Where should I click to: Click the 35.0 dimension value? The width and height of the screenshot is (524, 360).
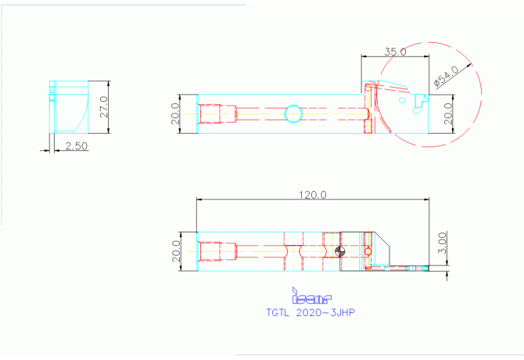pyautogui.click(x=395, y=52)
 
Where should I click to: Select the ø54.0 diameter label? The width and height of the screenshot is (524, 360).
pyautogui.click(x=446, y=77)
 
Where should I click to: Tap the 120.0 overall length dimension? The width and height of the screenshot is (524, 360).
pyautogui.click(x=312, y=194)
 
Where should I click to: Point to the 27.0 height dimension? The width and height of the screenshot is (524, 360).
pyautogui.click(x=104, y=106)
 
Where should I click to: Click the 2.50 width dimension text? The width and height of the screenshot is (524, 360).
pyautogui.click(x=76, y=146)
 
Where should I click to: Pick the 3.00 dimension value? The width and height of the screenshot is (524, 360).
pyautogui.click(x=442, y=241)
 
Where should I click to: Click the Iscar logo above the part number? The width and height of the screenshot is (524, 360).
pyautogui.click(x=311, y=298)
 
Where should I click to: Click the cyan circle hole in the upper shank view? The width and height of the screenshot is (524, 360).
pyautogui.click(x=293, y=113)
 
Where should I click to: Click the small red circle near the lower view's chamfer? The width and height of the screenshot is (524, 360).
pyautogui.click(x=368, y=251)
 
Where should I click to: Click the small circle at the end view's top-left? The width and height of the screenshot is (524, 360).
pyautogui.click(x=52, y=92)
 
